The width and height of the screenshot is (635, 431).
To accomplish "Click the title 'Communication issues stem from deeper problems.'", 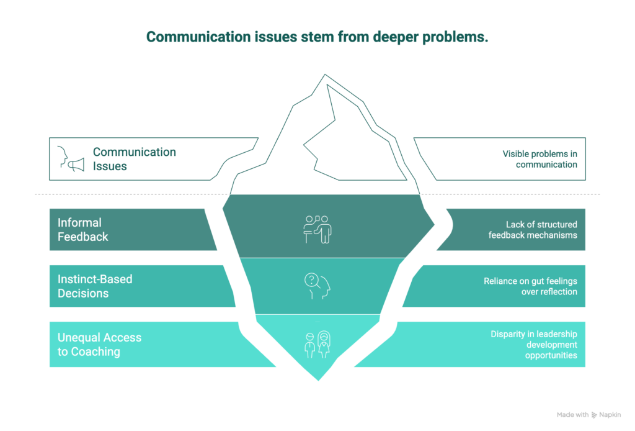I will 317,37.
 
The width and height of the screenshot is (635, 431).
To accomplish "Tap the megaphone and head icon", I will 70,159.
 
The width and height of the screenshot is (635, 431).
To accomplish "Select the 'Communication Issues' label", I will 134,159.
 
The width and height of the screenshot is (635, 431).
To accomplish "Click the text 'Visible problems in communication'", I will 540,159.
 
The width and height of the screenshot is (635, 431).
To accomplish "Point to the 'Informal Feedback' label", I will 83,229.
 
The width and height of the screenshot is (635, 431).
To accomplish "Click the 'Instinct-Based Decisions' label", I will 95,286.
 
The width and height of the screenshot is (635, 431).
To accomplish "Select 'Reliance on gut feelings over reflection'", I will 530,286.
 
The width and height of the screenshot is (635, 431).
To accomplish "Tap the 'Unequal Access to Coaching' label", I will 99,344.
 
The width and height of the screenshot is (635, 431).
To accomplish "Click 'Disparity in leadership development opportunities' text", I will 534,344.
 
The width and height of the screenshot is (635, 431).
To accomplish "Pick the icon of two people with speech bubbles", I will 317,229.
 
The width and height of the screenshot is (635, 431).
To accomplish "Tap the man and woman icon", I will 317,343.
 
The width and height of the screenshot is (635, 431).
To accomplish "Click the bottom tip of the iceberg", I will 318,378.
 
